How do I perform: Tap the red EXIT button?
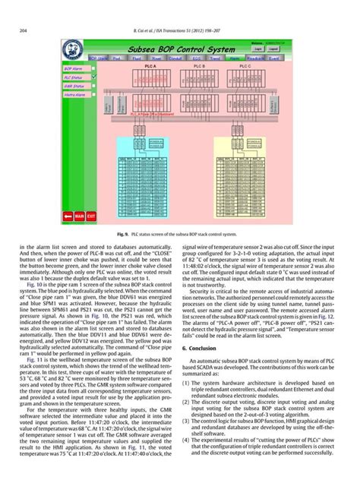[x=91, y=216]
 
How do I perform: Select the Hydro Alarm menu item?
[x=74, y=95]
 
